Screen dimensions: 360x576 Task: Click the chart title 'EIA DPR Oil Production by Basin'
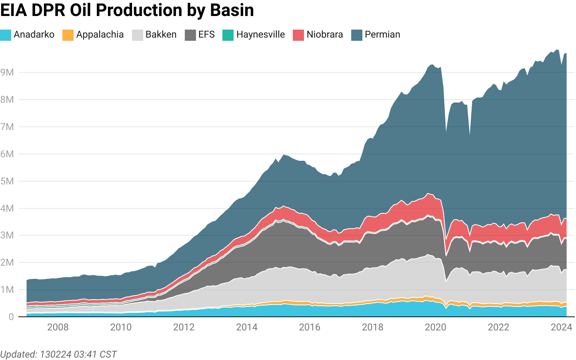[x=127, y=10]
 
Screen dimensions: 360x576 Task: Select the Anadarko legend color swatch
[x=6, y=35]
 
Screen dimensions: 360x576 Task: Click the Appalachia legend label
[x=100, y=35]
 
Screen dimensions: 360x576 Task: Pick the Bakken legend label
[x=161, y=35]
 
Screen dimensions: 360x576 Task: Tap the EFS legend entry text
[x=206, y=35]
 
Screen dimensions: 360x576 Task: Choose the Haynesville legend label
[x=260, y=35]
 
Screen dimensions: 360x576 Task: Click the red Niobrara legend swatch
[x=298, y=35]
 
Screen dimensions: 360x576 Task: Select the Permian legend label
[x=382, y=35]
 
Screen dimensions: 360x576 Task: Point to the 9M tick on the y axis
[x=7, y=72]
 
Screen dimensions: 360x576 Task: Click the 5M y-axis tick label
[x=7, y=181]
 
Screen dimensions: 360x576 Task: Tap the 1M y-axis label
[x=7, y=290]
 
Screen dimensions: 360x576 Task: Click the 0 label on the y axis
[x=11, y=317]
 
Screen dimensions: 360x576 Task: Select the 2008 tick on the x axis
[x=58, y=328]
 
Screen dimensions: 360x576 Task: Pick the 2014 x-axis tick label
[x=247, y=328]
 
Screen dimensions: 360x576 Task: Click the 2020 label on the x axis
[x=436, y=328]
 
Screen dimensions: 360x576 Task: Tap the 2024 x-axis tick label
[x=561, y=328]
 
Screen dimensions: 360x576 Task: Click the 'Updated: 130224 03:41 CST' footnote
[x=58, y=354]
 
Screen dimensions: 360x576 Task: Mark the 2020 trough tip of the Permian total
[x=446, y=131]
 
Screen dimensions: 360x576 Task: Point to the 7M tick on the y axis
[x=7, y=127]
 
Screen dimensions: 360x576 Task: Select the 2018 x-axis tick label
[x=372, y=328]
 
